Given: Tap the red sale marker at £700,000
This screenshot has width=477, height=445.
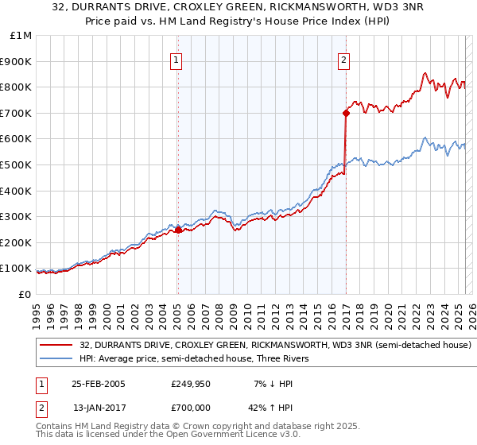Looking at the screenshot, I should click(x=346, y=113).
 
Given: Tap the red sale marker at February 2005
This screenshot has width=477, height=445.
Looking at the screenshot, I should click(x=178, y=230).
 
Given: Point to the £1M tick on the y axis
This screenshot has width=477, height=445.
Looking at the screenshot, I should click(x=21, y=35).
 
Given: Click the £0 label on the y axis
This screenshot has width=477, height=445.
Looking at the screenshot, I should click(x=24, y=294).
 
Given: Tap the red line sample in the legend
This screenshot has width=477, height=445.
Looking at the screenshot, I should click(x=56, y=346).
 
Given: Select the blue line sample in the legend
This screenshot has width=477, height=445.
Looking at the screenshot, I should click(x=56, y=359).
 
